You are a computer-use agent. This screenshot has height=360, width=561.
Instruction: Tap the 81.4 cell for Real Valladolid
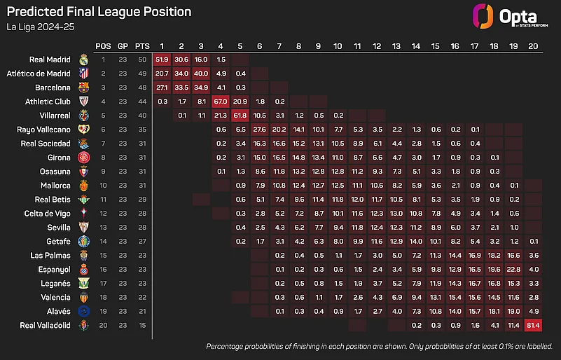pos(532,325)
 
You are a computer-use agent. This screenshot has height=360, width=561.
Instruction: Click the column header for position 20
pos(532,45)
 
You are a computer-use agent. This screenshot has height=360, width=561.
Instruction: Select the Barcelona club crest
pos(85,88)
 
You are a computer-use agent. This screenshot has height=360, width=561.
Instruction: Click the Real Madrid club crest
pos(85,60)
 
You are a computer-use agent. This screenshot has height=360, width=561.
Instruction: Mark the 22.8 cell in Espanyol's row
pos(513,269)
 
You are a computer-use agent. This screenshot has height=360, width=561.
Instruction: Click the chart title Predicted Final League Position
pos(99,12)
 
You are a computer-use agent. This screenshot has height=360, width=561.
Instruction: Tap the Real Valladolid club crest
pos(85,325)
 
